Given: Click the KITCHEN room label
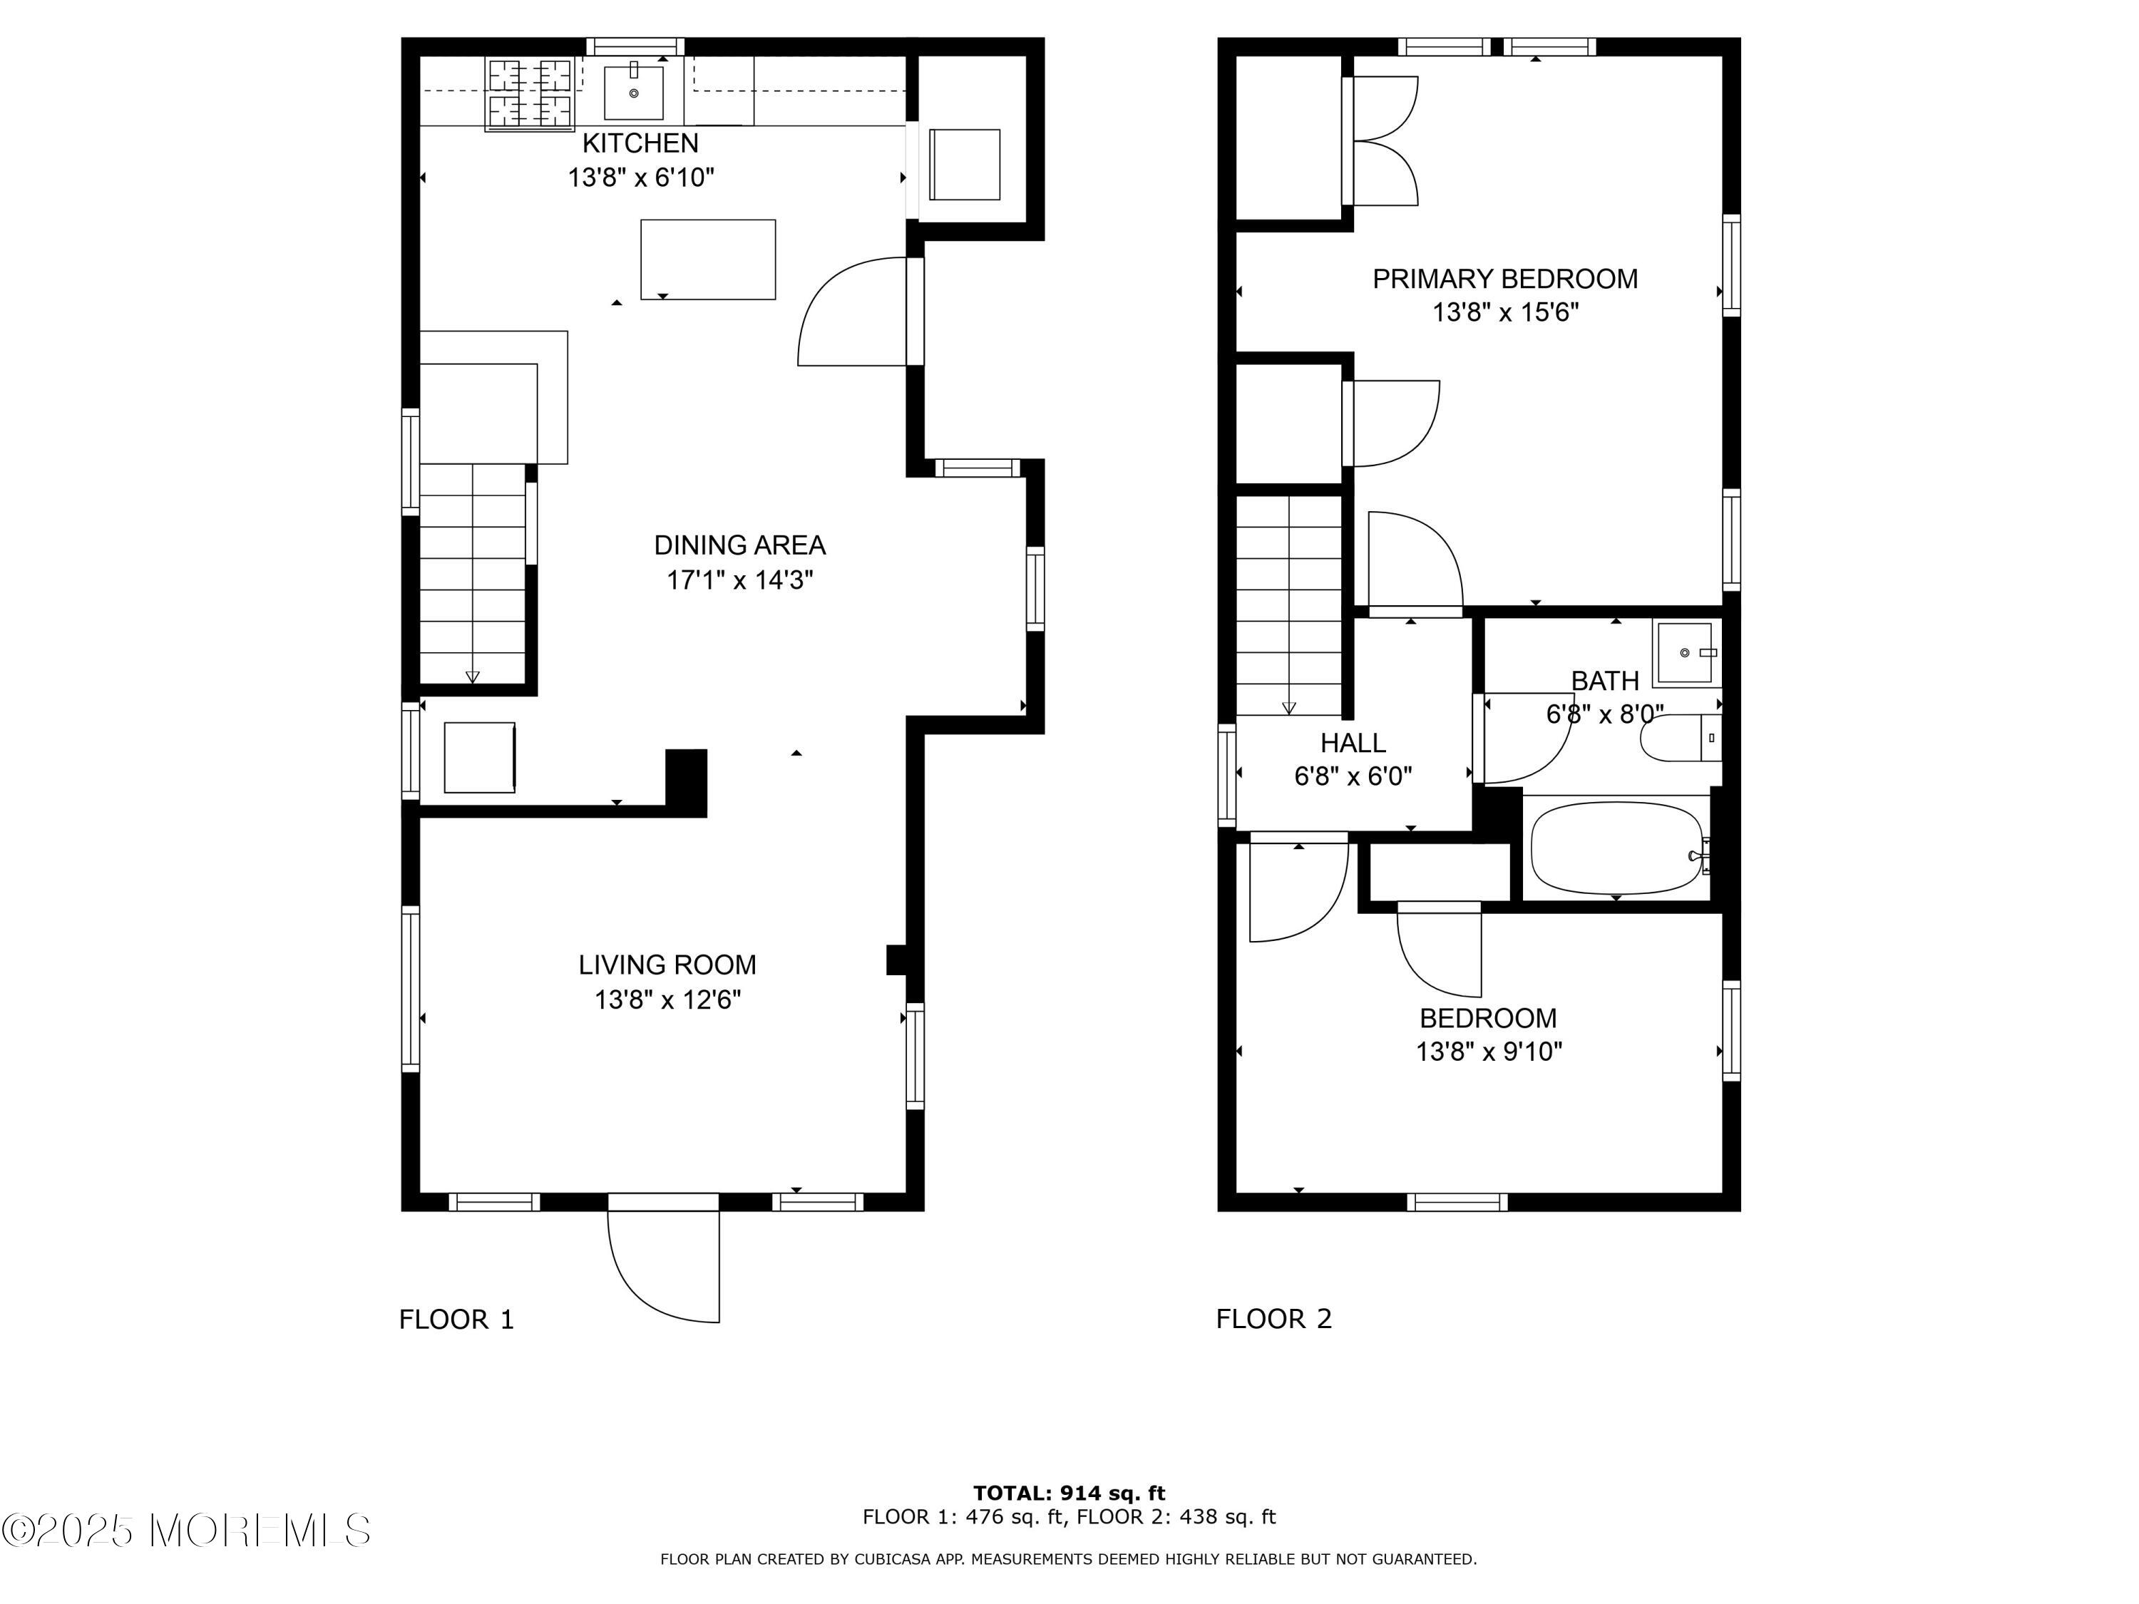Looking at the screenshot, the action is (640, 143).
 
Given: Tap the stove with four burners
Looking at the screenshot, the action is (529, 94).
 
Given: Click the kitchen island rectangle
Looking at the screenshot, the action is (708, 259).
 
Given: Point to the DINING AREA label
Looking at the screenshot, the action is (740, 545).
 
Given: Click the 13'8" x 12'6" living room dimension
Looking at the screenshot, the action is (667, 999).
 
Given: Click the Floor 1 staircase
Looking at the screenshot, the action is (473, 575).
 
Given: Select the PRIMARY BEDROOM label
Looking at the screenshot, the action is (1506, 279).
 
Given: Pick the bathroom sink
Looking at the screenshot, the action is (1685, 654).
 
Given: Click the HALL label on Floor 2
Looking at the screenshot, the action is (1353, 743).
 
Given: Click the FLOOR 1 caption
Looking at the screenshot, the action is (456, 1319).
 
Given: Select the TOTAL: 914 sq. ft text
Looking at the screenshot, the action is (1069, 1494).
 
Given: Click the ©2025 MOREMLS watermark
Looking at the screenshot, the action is (185, 1531).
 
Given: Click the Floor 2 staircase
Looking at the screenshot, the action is (1289, 605).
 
